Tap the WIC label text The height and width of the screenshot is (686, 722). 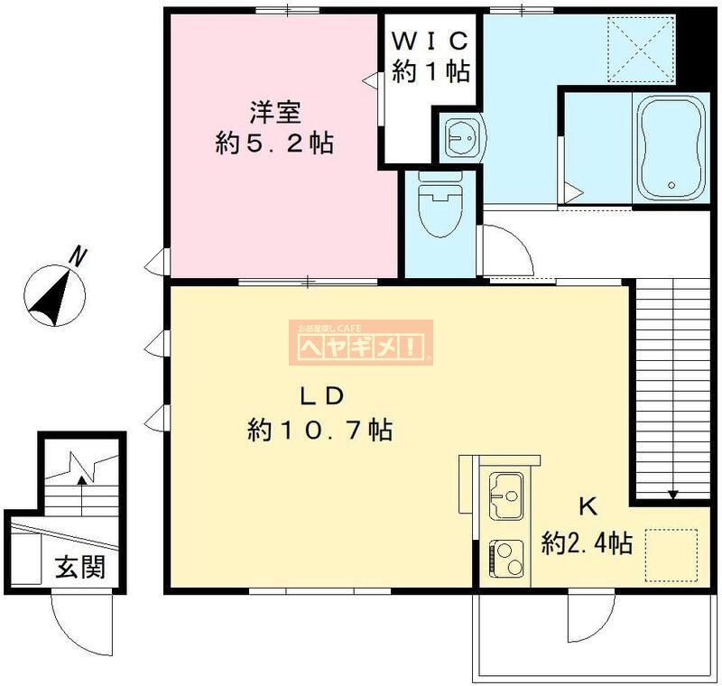(x=430, y=42)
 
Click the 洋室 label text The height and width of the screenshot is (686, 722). (x=275, y=113)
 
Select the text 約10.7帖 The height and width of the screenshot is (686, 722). (x=319, y=431)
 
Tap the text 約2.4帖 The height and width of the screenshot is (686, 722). (x=586, y=543)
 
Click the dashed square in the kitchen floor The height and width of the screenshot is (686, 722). (x=671, y=553)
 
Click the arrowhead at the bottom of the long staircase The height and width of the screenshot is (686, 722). (x=672, y=494)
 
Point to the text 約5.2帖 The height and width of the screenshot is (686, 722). (x=274, y=143)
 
